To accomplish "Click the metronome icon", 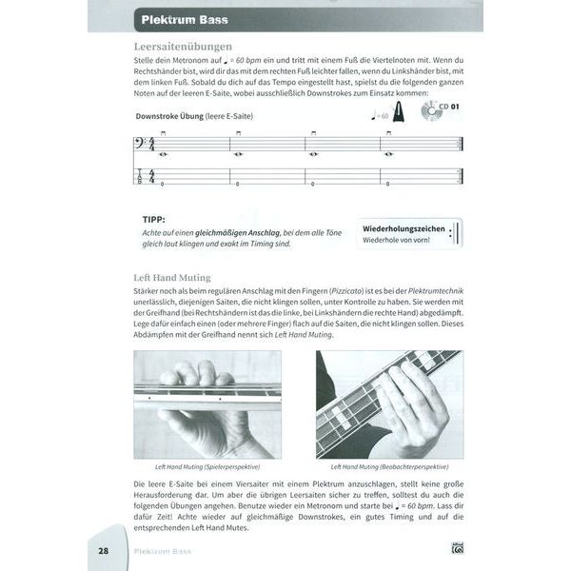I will pyautogui.click(x=404, y=115).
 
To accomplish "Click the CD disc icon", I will pyautogui.click(x=433, y=114).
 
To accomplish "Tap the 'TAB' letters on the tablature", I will pyautogui.click(x=141, y=177).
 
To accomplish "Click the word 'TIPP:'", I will pyautogui.click(x=155, y=218).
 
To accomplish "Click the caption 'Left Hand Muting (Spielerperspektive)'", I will pyautogui.click(x=207, y=467).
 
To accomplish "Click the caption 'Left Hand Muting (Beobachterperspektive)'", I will pyautogui.click(x=390, y=467).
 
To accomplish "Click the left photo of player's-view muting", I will pyautogui.click(x=207, y=404).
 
